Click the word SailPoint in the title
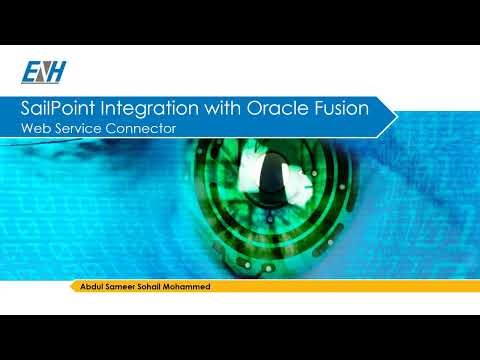[64, 109]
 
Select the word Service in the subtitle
[76, 129]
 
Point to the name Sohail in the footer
[155, 287]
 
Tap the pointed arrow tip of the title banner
[395, 117]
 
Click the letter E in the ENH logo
[29, 72]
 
